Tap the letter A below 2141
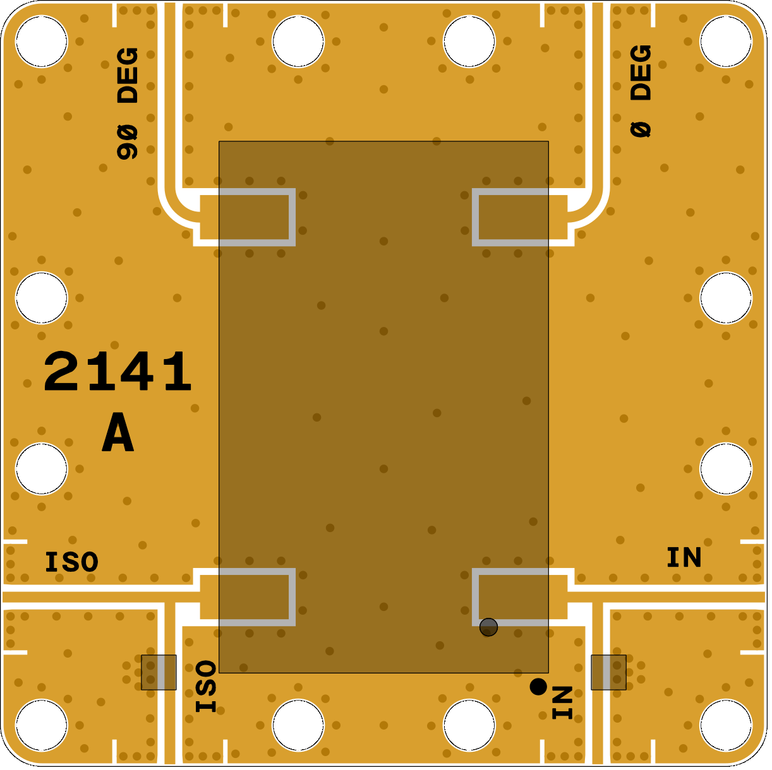pos(118,432)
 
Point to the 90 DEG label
pos(128,104)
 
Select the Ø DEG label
pos(641,91)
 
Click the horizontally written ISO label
pos(72,562)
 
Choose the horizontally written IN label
pos(684,557)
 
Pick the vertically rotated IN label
pos(562,702)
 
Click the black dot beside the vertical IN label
pos(538,687)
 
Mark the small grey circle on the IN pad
pos(489,627)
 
